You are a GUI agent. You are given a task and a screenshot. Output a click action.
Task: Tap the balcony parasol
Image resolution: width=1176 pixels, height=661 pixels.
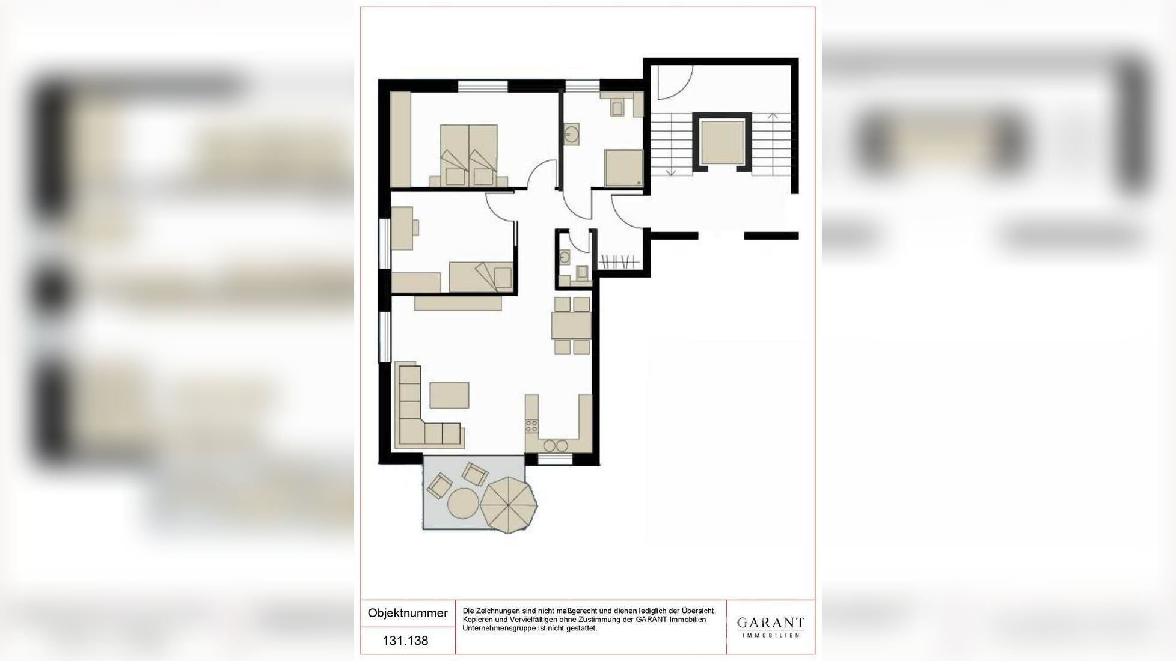tap(509, 505)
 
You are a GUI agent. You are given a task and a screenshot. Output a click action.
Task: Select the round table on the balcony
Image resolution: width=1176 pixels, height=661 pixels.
tap(463, 504)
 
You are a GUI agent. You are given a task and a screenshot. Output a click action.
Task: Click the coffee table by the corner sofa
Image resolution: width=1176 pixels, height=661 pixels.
tap(449, 395)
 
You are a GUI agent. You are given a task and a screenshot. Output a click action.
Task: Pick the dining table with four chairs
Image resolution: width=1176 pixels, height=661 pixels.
tap(572, 325)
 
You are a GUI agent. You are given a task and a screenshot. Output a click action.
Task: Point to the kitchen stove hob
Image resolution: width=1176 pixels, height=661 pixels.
tap(531, 426)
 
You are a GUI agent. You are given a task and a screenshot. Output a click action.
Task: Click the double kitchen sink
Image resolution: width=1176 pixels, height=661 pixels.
tap(556, 445)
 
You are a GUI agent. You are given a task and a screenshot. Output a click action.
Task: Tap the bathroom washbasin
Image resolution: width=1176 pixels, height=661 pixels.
tap(572, 135)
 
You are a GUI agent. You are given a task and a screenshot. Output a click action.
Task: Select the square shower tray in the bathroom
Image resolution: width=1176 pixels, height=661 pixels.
tap(623, 168)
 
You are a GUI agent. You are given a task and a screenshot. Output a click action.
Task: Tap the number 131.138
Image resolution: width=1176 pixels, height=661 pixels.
tap(406, 641)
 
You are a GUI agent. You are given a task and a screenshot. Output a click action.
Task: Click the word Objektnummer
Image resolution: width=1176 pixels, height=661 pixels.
tap(408, 613)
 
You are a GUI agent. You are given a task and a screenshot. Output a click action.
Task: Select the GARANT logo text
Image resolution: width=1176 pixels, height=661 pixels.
tap(770, 623)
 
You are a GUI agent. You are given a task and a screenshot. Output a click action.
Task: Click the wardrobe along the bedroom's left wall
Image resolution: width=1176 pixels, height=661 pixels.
tap(400, 139)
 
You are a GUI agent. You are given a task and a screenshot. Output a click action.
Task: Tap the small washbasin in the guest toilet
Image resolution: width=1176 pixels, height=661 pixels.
tap(564, 258)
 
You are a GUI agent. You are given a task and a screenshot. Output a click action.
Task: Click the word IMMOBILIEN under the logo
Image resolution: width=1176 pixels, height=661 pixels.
tap(771, 636)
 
